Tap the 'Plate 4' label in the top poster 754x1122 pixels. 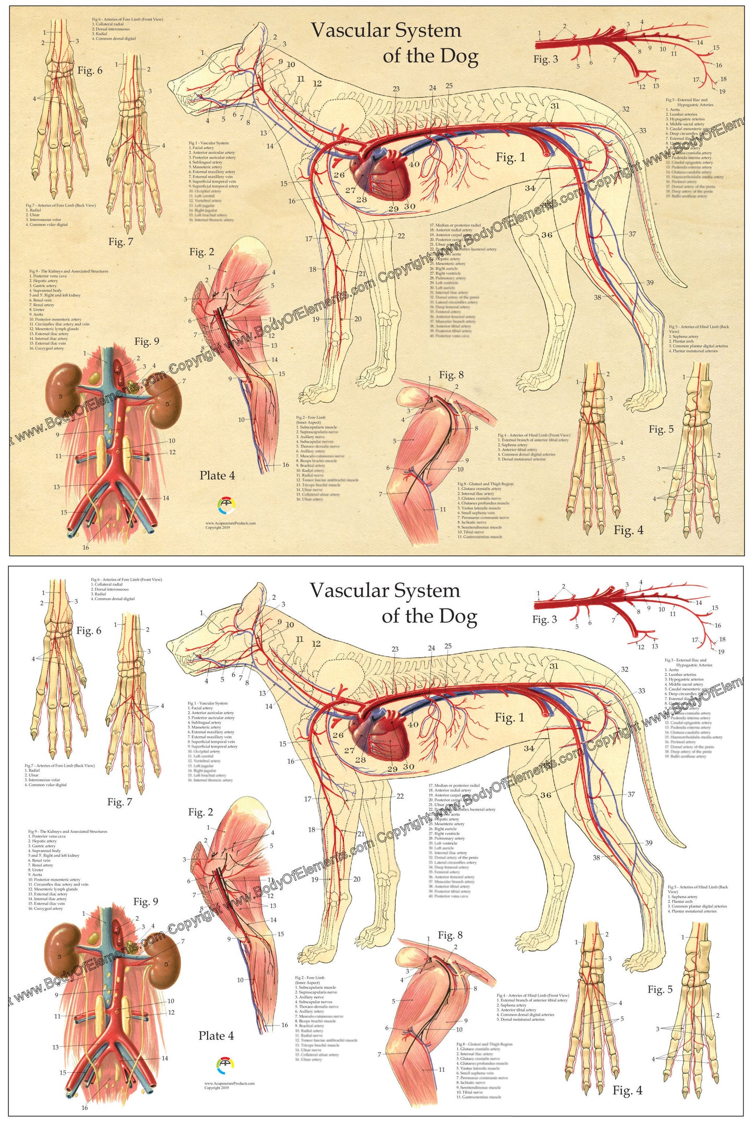(217, 475)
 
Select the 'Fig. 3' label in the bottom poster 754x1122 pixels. (544, 619)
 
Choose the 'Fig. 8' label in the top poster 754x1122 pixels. (451, 375)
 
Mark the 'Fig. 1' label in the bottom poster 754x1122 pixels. (509, 718)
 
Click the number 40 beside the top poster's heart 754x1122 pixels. (414, 164)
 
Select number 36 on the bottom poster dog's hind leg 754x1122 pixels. (546, 795)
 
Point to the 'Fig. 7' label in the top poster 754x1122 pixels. (121, 242)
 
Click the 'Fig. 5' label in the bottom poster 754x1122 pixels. (660, 989)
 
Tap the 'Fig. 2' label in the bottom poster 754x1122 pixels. (200, 812)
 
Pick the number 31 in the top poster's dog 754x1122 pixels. (555, 106)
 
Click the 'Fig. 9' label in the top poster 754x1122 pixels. (147, 341)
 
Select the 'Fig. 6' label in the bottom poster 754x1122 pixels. (89, 630)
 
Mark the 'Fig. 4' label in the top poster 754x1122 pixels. (628, 530)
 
